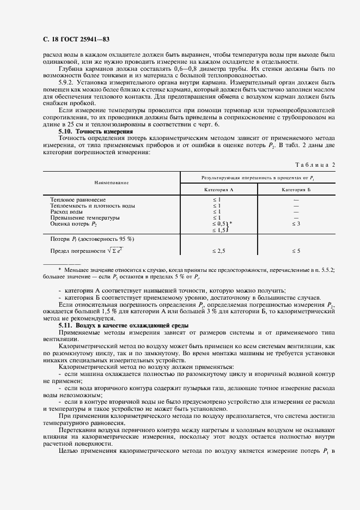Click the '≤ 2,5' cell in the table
(x=218, y=251)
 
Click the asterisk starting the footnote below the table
(x=59, y=270)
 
